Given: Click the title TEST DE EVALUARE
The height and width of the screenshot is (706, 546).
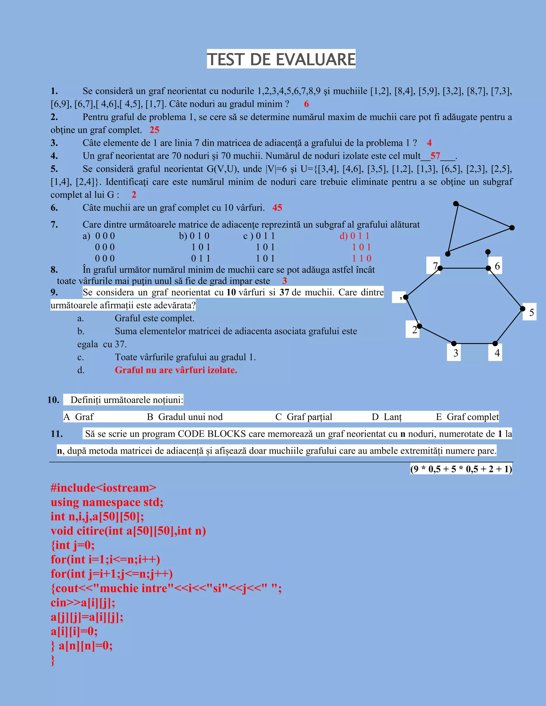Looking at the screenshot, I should coord(281,59).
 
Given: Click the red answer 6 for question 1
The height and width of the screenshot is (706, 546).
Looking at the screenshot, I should coord(306,104).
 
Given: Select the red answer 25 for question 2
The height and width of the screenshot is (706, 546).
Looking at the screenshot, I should coord(154,130).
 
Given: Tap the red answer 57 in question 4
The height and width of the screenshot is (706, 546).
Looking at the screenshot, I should coord(435,156).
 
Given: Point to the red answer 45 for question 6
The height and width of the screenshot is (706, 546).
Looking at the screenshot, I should coord(277,208).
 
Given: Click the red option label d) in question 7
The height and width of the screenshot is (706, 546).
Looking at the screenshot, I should coord(343,236).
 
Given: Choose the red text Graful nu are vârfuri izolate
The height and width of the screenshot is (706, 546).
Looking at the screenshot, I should coord(176,370).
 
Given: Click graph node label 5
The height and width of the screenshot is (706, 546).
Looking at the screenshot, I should coord(531,312).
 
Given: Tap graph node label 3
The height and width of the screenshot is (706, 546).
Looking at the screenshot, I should coord(456,353).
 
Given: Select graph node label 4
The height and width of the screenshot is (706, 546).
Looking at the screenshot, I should coord(497,353).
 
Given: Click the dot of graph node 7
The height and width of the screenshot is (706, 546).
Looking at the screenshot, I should coord(440,268).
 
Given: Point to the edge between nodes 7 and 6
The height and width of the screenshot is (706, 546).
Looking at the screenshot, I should coord(464,268).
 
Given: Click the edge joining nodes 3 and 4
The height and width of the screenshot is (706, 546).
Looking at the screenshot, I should coord(475,343).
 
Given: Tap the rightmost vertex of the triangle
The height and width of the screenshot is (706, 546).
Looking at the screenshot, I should coord(512,228).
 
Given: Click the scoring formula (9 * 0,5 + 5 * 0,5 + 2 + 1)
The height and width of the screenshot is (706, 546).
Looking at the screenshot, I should coord(461,469).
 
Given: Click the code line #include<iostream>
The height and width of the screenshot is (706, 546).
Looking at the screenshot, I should coord(103,488).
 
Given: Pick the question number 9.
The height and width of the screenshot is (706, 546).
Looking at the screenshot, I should coord(54,292).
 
